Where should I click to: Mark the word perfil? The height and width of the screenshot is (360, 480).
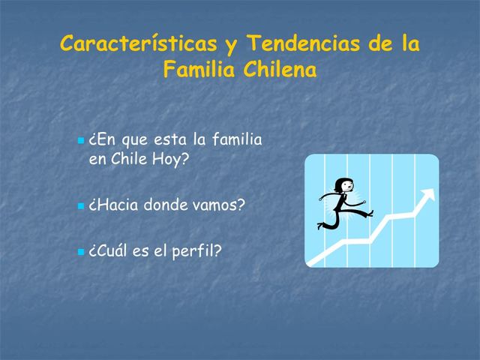197,250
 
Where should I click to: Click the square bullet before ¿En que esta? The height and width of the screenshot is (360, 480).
81,141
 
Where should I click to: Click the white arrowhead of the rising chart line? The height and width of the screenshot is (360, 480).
427,195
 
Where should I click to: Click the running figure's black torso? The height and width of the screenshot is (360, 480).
340,202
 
